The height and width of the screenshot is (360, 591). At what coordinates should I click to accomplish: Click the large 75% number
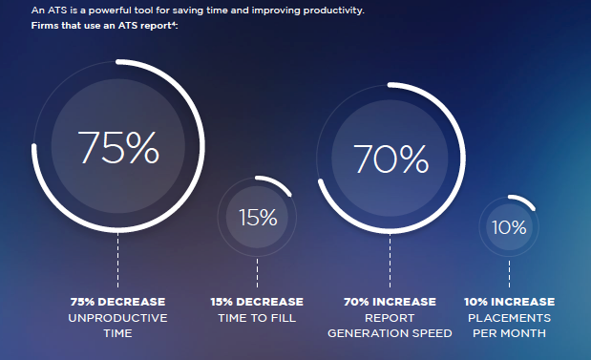[117, 147]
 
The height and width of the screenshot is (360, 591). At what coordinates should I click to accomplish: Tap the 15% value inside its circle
[257, 217]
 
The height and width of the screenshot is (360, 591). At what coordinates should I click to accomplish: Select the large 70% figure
[390, 159]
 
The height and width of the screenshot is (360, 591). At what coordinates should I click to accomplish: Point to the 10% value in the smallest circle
[509, 227]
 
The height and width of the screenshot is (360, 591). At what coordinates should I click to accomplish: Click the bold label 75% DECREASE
[117, 302]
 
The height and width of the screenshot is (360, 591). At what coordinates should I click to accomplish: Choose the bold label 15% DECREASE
[257, 302]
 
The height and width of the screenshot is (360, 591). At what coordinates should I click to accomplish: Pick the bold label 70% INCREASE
[390, 302]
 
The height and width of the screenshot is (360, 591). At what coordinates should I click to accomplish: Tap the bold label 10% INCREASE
[509, 302]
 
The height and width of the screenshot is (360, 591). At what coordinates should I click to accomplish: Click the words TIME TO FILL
[257, 318]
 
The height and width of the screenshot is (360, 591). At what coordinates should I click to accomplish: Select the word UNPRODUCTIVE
[117, 318]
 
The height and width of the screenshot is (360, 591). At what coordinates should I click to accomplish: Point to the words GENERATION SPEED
[390, 334]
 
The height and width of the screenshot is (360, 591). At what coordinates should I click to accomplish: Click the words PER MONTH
[509, 334]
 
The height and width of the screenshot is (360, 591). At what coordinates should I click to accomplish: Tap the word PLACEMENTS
[509, 318]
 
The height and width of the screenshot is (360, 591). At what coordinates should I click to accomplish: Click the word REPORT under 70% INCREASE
[390, 318]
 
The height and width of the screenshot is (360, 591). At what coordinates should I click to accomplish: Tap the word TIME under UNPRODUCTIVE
[117, 334]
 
